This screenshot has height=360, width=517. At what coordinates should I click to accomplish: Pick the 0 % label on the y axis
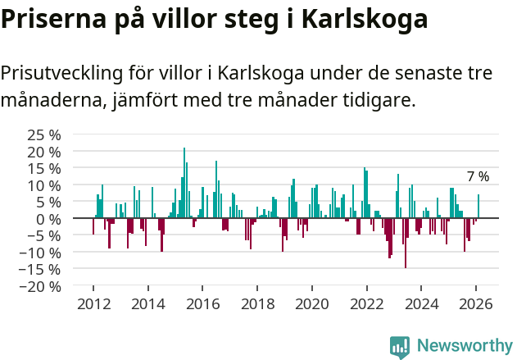pos(48,219)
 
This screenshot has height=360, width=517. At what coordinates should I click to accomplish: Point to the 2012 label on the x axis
pos(93,303)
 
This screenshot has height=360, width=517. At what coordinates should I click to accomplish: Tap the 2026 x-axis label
pos(476,303)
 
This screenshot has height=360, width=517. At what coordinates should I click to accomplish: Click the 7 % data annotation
pos(478,177)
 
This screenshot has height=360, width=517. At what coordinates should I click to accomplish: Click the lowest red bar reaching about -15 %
pos(405,243)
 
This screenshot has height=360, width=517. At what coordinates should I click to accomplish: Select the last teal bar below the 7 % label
pos(478,207)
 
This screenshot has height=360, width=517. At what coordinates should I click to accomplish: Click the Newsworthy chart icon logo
pos(400,346)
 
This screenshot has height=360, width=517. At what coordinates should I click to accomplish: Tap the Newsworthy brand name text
pos(464,346)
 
